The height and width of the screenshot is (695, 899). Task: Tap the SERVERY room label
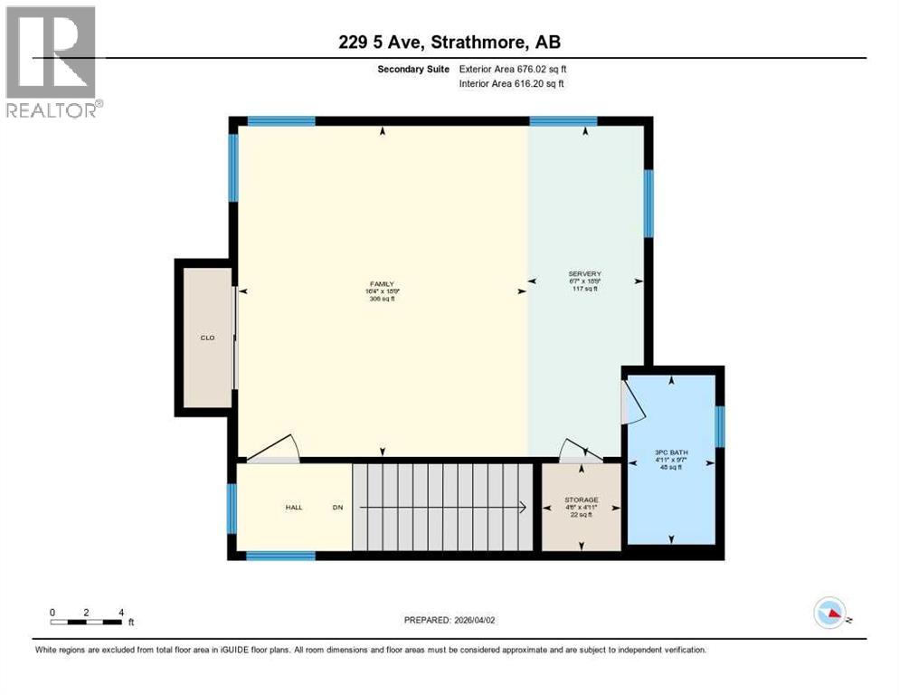tap(584, 274)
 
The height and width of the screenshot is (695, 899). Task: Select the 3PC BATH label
tap(671, 452)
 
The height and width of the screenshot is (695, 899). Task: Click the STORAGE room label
tap(581, 500)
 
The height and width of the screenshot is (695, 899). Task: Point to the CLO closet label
tap(206, 338)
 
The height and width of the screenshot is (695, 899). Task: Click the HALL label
tap(294, 508)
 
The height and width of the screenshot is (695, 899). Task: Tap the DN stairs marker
tap(337, 508)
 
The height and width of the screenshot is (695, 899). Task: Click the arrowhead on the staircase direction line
tap(524, 508)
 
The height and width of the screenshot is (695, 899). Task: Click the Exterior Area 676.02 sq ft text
tap(513, 69)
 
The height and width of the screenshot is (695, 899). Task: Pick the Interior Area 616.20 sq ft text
tap(513, 84)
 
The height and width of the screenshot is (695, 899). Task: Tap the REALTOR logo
tap(53, 62)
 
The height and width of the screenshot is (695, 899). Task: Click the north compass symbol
tap(829, 613)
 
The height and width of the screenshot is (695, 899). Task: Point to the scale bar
tap(86, 622)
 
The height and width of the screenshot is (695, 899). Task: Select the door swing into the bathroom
tap(633, 401)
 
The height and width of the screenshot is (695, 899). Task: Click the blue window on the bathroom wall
tap(720, 426)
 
